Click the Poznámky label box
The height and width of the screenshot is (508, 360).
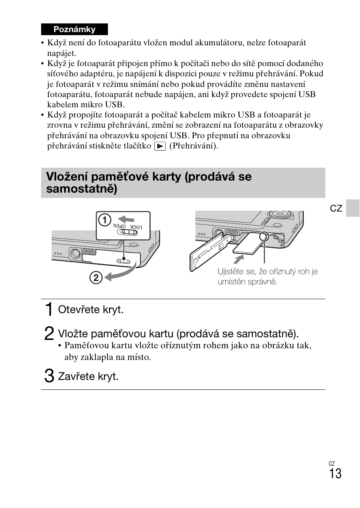tap(74, 29)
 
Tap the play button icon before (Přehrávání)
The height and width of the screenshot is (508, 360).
tap(160, 146)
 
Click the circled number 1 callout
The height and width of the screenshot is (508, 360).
tap(105, 220)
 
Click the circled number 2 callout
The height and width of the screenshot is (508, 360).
tap(96, 278)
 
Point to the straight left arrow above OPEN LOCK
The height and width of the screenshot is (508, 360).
tap(126, 219)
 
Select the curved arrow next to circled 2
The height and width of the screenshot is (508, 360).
tap(121, 274)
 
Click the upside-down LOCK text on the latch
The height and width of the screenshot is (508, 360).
tap(136, 227)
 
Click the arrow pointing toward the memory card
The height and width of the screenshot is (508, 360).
tap(238, 259)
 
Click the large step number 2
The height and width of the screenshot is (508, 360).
tap(49, 334)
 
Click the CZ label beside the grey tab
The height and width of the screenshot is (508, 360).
tap(336, 208)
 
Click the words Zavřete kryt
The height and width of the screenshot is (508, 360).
tap(88, 377)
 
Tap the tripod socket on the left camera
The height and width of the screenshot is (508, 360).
tap(74, 253)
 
